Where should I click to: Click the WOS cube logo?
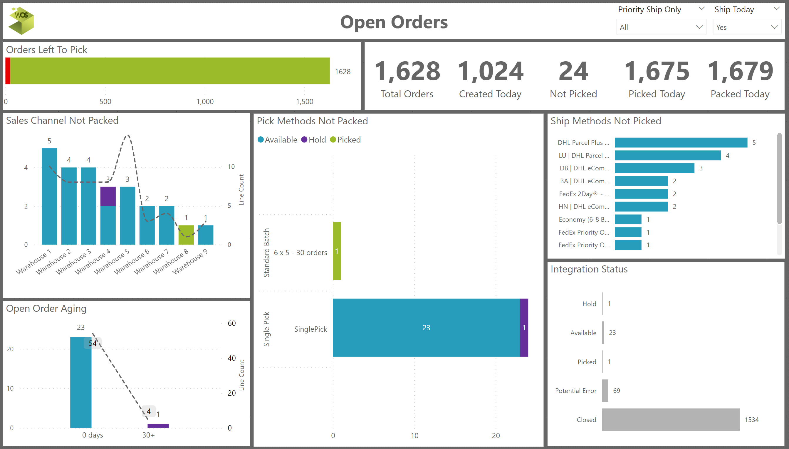[21, 20]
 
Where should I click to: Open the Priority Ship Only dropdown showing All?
[661, 27]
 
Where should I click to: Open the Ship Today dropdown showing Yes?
[747, 27]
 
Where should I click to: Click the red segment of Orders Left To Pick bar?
[8, 71]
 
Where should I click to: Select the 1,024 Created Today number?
[490, 72]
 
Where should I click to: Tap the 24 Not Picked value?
[573, 72]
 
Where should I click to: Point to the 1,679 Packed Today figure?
[740, 72]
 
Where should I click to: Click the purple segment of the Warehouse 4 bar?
[108, 196]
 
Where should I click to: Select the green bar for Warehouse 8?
[186, 235]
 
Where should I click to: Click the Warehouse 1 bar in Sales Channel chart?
[49, 196]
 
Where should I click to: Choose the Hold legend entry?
[313, 140]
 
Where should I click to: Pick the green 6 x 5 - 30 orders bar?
[337, 251]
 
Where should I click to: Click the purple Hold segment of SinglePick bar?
[524, 328]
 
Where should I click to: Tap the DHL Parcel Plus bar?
[681, 143]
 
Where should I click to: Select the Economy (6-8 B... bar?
[628, 219]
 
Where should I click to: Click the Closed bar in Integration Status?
[670, 419]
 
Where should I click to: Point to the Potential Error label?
[576, 391]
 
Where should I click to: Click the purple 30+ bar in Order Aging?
[158, 426]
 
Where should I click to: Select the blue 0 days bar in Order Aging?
[81, 382]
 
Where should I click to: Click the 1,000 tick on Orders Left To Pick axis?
[205, 101]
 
